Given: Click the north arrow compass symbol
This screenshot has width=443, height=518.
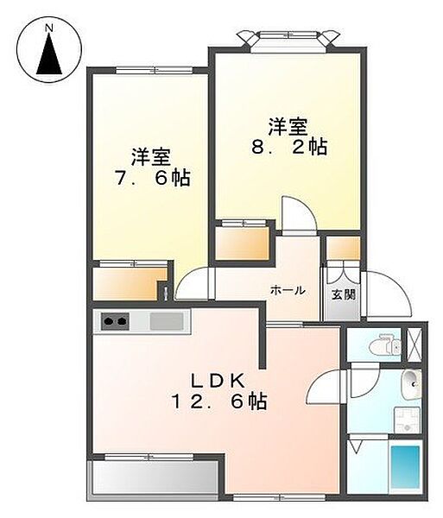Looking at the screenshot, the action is pyautogui.click(x=49, y=51).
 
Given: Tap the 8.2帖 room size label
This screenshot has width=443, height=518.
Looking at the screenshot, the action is pyautogui.click(x=289, y=148).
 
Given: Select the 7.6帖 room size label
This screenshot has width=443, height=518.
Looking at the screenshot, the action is pyautogui.click(x=152, y=178).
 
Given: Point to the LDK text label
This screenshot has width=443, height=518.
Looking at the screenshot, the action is pyautogui.click(x=218, y=381).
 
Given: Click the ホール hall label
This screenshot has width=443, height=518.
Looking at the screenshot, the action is pyautogui.click(x=288, y=291).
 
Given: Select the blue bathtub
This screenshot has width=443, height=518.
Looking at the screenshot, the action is pyautogui.click(x=405, y=469).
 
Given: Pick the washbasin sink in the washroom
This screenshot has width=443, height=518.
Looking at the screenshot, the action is pyautogui.click(x=412, y=385).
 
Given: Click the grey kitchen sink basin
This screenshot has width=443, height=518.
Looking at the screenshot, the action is pyautogui.click(x=167, y=321).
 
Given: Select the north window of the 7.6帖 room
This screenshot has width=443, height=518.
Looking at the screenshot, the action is pyautogui.click(x=155, y=70).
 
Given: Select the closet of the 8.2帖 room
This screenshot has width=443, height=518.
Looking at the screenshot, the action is pyautogui.click(x=243, y=242).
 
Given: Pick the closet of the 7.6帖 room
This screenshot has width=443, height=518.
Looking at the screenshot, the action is pyautogui.click(x=130, y=282).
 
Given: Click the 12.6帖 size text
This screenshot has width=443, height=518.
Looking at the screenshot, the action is pyautogui.click(x=218, y=401).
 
